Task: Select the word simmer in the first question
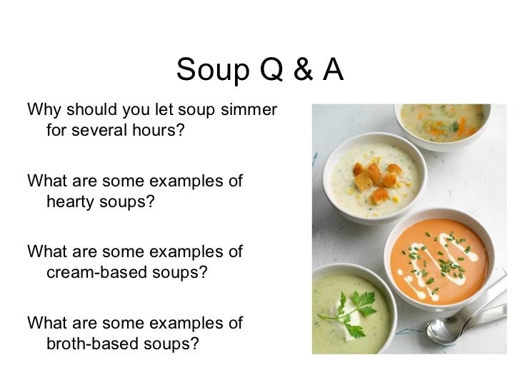pyautogui.click(x=248, y=112)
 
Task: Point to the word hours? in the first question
pyautogui.click(x=150, y=132)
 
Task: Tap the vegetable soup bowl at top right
pyautogui.click(x=444, y=119)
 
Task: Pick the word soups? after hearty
pyautogui.click(x=126, y=202)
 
